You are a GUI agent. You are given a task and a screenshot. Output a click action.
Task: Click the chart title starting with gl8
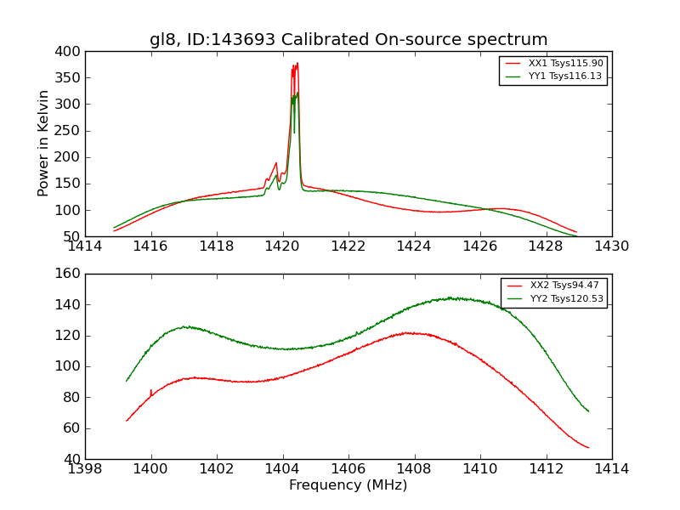[x=348, y=40]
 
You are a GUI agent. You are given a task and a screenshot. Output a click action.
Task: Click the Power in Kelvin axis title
[x=43, y=144]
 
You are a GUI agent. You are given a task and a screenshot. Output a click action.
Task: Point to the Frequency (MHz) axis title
[x=348, y=485]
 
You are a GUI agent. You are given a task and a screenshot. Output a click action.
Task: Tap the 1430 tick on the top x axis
[x=611, y=246]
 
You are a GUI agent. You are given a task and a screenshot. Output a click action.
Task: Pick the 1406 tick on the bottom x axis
[x=348, y=468]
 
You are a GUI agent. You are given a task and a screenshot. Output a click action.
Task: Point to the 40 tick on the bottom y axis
[x=73, y=459]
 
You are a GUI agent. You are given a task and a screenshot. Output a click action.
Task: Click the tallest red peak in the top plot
[x=297, y=63]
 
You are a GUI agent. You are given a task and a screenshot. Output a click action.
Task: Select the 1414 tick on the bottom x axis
[x=611, y=468]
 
